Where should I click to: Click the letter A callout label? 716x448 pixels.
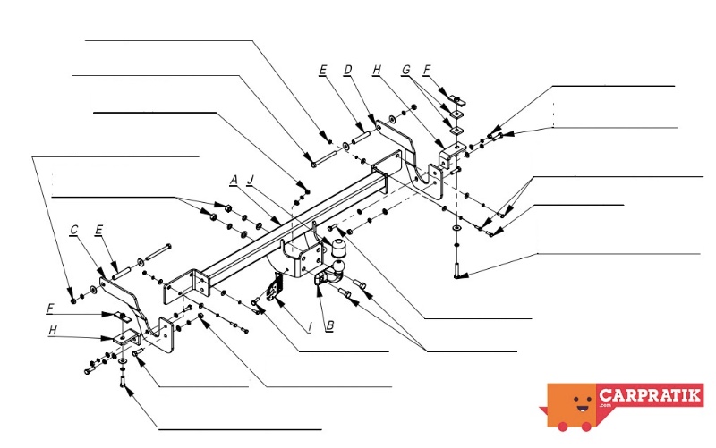coord(234,180)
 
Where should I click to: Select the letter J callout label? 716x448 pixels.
coord(251,180)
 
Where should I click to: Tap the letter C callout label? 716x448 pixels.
coord(75,230)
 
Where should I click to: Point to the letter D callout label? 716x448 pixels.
coord(348,69)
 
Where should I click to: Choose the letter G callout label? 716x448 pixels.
coord(405,69)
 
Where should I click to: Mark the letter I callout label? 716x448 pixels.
coord(309,327)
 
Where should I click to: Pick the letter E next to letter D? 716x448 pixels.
coord(323,69)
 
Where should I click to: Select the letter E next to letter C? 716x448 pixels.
coord(99,230)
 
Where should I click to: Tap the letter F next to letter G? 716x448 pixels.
coord(427,69)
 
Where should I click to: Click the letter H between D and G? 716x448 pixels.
coord(378,69)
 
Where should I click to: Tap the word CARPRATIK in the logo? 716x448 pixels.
coord(651,395)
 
